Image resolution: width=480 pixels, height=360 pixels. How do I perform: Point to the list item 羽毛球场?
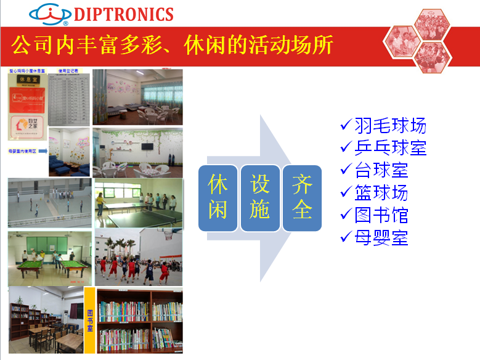(x=390, y=126)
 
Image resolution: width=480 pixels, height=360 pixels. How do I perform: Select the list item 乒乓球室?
(x=390, y=148)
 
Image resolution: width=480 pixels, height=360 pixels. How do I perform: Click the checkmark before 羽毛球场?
(x=346, y=126)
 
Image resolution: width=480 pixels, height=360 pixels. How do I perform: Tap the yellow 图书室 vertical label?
(x=89, y=320)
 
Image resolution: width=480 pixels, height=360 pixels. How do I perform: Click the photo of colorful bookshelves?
(x=140, y=320)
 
